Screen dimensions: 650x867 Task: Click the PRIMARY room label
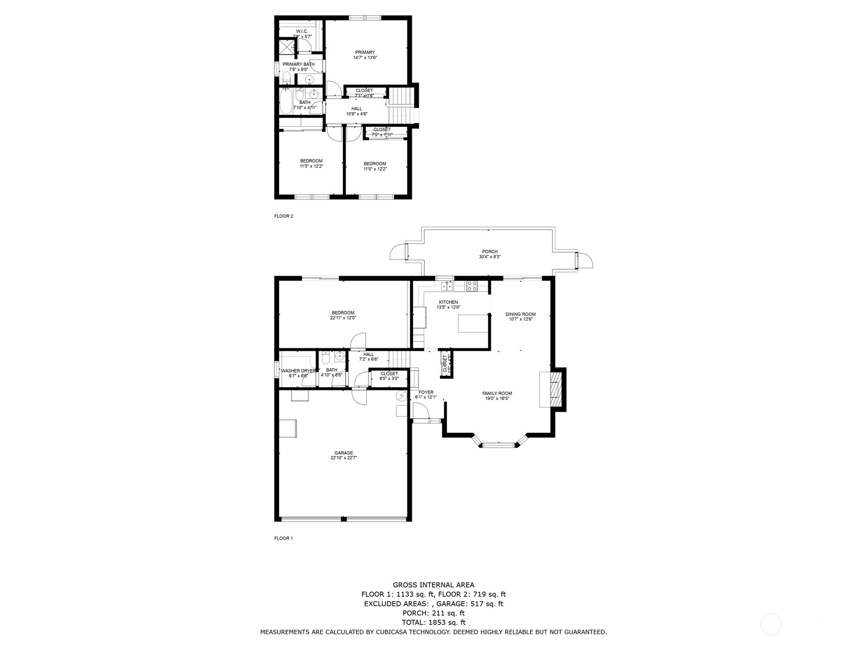click(x=365, y=53)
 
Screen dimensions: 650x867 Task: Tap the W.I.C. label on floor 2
click(x=302, y=31)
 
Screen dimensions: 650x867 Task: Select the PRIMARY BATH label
click(x=298, y=64)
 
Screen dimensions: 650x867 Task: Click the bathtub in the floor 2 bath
click(x=286, y=101)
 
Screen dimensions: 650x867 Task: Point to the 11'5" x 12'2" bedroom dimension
click(x=311, y=166)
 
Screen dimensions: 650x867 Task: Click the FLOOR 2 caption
click(x=283, y=216)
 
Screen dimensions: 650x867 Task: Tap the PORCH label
click(x=489, y=251)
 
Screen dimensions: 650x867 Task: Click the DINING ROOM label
click(x=520, y=314)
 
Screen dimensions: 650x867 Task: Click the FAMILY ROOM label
click(x=497, y=393)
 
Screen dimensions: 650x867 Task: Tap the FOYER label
click(x=426, y=392)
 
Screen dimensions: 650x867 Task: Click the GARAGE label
click(x=344, y=453)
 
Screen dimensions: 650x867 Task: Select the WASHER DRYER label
click(x=298, y=370)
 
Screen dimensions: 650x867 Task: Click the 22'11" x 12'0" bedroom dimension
click(x=343, y=318)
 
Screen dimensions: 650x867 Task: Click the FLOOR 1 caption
click(x=283, y=538)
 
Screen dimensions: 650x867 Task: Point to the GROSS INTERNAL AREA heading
click(x=433, y=584)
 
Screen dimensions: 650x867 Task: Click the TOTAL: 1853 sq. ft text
click(x=433, y=622)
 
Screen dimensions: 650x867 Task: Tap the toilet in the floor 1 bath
click(x=326, y=358)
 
